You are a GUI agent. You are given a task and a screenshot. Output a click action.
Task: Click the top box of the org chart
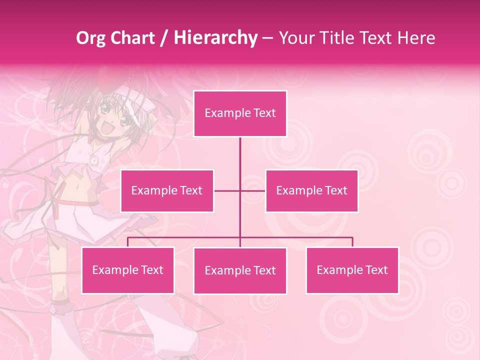click(240, 113)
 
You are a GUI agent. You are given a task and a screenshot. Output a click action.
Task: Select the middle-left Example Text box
click(167, 190)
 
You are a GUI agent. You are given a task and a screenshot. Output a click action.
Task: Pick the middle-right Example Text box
click(311, 190)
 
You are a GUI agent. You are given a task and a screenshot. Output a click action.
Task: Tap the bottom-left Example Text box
click(128, 270)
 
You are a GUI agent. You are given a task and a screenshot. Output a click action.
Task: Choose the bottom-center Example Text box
click(240, 270)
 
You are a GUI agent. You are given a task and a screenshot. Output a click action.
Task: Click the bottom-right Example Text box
click(352, 270)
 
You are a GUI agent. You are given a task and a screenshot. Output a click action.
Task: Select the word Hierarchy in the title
click(215, 38)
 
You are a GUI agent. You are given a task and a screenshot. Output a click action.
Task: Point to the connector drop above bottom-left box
click(128, 242)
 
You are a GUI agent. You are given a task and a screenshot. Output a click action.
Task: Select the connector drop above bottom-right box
click(352, 242)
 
